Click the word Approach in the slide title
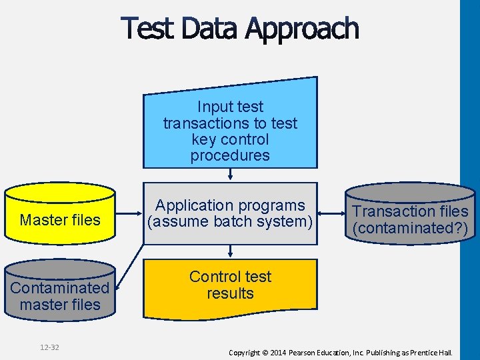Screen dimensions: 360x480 301,30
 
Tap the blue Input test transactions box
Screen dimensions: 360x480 230,127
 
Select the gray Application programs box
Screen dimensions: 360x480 230,213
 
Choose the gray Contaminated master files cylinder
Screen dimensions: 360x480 60,290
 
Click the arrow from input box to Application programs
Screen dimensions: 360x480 230,174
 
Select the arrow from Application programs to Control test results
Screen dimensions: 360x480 230,251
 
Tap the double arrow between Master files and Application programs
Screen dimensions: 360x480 129,215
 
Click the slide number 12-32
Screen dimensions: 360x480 49,347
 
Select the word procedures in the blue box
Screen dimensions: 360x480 230,156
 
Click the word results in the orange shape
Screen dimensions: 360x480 230,293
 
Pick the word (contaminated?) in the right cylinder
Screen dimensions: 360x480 410,228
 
